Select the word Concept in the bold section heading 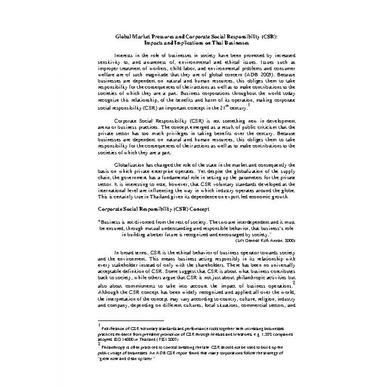click(x=198, y=209)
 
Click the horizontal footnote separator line click(x=131, y=320)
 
